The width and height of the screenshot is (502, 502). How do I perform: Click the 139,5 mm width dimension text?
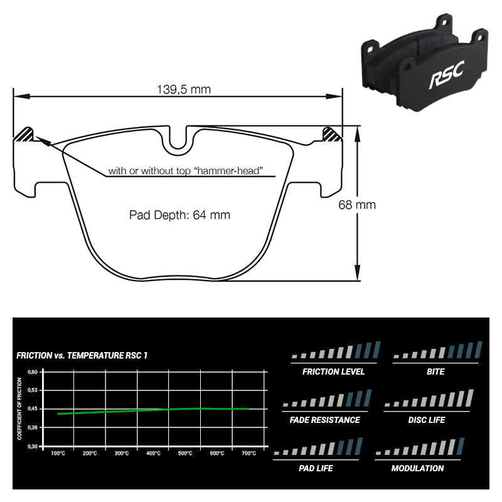pyautogui.click(x=184, y=89)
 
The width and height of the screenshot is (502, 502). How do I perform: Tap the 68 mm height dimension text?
pyautogui.click(x=357, y=205)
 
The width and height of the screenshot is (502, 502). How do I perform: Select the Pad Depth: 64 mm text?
pyautogui.click(x=179, y=215)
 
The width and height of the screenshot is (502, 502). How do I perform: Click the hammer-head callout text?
pyautogui.click(x=185, y=171)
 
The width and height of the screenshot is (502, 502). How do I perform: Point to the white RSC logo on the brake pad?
pyautogui.click(x=447, y=75)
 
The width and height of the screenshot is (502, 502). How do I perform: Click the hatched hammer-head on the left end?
pyautogui.click(x=24, y=134)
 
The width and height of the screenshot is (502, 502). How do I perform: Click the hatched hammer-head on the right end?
pyautogui.click(x=332, y=134)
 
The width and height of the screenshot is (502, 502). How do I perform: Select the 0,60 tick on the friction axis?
pyautogui.click(x=33, y=372)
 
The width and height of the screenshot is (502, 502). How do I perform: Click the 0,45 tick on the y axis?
pyautogui.click(x=33, y=409)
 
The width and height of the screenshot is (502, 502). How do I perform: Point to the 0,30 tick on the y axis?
pyautogui.click(x=33, y=447)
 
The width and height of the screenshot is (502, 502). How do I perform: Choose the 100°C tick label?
pyautogui.click(x=58, y=453)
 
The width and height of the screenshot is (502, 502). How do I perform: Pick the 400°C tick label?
pyautogui.click(x=153, y=453)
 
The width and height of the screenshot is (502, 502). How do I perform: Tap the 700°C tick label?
pyautogui.click(x=248, y=453)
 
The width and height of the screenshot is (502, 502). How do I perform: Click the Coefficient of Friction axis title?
pyautogui.click(x=19, y=409)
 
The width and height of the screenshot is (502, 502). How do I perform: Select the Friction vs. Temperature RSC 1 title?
pyautogui.click(x=82, y=356)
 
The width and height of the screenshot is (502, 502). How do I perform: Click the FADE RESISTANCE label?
pyautogui.click(x=324, y=420)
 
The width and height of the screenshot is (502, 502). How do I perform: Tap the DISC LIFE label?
pyautogui.click(x=427, y=420)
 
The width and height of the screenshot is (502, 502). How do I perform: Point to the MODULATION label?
pyautogui.click(x=417, y=468)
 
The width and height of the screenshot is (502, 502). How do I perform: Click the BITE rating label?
pyautogui.click(x=435, y=371)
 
